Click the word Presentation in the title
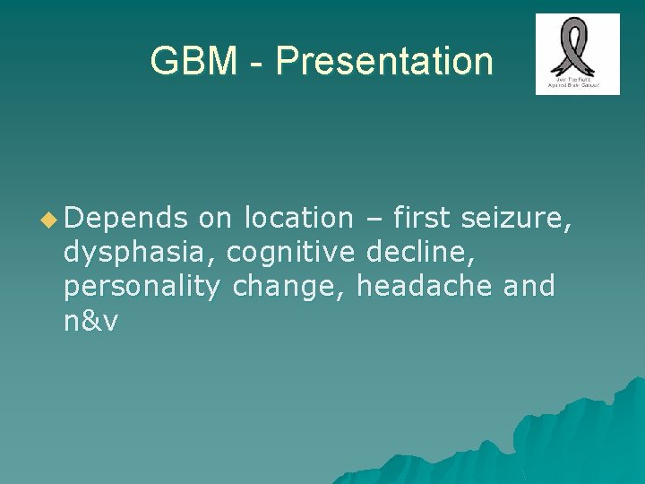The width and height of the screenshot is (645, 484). pyautogui.click(x=383, y=62)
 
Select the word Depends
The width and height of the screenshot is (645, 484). pyautogui.click(x=125, y=218)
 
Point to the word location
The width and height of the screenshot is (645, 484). pyautogui.click(x=299, y=218)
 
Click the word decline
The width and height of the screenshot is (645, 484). pyautogui.click(x=421, y=253)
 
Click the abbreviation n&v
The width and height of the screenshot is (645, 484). pyautogui.click(x=90, y=322)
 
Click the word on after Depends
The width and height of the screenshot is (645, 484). pyautogui.click(x=215, y=218)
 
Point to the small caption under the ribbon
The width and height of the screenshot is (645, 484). pyautogui.click(x=577, y=83)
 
